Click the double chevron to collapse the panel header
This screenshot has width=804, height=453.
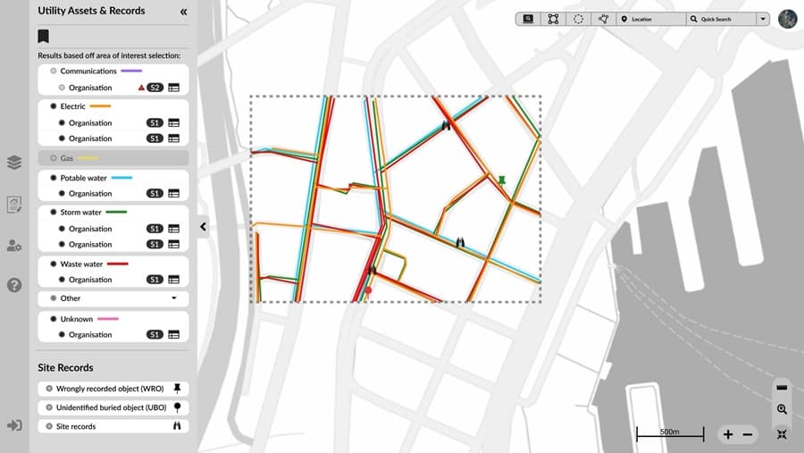click(183, 12)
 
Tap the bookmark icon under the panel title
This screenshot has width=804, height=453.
click(43, 37)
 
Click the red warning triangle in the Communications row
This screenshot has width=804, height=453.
click(141, 88)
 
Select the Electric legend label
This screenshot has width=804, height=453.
click(73, 106)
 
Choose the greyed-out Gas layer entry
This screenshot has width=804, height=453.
click(67, 158)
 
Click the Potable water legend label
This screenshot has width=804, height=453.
click(83, 178)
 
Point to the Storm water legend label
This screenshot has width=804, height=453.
click(81, 213)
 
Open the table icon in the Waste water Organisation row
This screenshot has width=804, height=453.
click(173, 280)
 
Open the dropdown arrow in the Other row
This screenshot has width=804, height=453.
click(174, 298)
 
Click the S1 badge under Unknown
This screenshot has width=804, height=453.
click(155, 335)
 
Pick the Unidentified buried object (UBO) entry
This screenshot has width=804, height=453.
click(112, 407)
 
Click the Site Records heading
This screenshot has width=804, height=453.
click(65, 367)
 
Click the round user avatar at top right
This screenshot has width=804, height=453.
click(787, 19)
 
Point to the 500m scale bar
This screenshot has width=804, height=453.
click(669, 434)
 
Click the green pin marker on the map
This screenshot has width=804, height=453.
click(501, 181)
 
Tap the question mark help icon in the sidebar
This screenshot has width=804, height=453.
click(14, 285)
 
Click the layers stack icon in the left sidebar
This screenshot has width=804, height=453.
click(14, 163)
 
